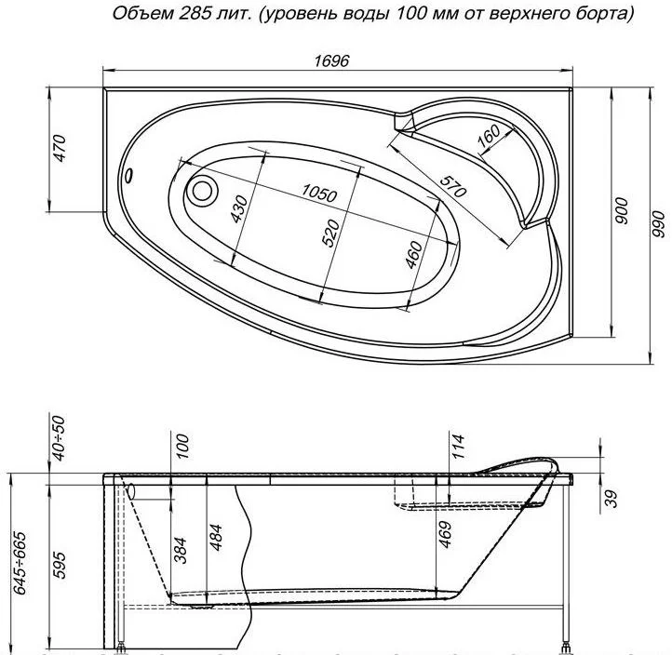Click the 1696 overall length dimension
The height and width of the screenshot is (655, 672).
coord(331,60)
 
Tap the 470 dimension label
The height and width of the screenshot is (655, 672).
coord(60,148)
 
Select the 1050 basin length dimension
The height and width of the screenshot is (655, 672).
coord(319,194)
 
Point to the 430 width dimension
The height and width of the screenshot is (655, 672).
coord(239,209)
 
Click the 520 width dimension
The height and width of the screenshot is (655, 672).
coord(330,233)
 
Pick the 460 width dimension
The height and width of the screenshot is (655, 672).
coord(414,255)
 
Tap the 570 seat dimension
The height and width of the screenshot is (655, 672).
coord(452,187)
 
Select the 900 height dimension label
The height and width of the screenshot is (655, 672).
coord(622,211)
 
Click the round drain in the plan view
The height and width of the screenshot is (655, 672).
coord(202,191)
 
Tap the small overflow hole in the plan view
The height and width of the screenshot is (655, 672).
coord(128,175)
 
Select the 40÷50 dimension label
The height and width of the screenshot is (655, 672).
coord(60,438)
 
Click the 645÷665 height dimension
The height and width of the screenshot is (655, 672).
coord(20,563)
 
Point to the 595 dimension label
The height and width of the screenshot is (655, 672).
coord(60,566)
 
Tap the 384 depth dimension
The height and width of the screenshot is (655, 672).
coord(181,551)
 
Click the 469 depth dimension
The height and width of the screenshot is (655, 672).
coord(445,534)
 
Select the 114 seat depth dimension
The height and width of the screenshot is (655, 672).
coord(458,447)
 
